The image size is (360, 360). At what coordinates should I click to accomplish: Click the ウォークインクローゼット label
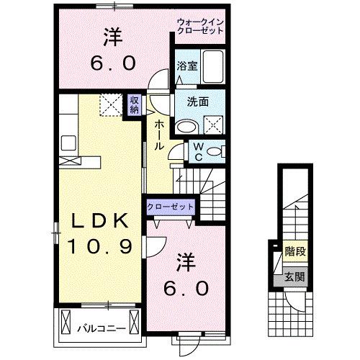coord(201,27)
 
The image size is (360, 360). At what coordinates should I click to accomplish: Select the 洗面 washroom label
coord(199,102)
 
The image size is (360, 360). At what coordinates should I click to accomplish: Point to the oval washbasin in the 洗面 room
coord(186,126)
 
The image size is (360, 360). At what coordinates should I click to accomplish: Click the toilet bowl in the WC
coord(217,151)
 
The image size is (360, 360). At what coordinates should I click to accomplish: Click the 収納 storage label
coord(135,105)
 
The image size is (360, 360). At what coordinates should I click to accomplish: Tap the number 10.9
coord(99,247)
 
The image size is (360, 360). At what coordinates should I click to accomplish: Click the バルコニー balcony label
coord(102,328)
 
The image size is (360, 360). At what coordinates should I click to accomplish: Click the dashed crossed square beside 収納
coord(111,105)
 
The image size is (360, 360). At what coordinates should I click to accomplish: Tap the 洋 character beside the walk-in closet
coord(112,35)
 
